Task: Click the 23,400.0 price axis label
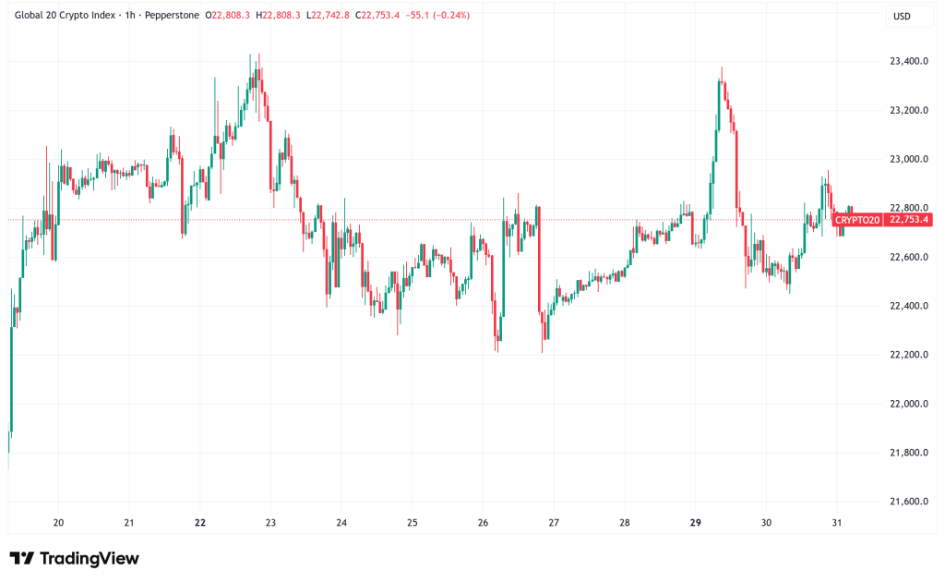pos(908,62)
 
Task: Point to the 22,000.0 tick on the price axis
pos(908,404)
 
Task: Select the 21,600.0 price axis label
pos(908,502)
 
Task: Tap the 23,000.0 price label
pos(908,159)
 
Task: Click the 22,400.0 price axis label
pos(908,306)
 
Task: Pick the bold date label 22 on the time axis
pos(200,522)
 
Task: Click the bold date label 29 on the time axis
pos(696,522)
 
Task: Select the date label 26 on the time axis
pos(484,522)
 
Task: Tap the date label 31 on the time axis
pos(837,522)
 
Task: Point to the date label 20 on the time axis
pos(59,522)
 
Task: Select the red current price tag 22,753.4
pos(909,220)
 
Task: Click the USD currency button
pos(901,16)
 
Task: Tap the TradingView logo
pos(74,558)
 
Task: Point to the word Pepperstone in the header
pos(169,16)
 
